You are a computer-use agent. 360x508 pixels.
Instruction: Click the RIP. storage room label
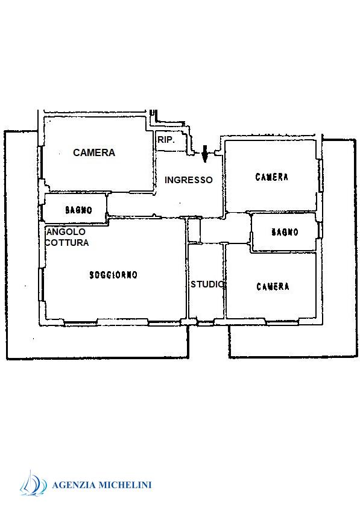(x=166, y=140)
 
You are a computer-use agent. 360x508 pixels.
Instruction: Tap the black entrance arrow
(x=204, y=154)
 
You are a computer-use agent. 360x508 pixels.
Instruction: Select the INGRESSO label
(x=188, y=180)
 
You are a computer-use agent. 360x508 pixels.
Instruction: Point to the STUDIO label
(x=207, y=284)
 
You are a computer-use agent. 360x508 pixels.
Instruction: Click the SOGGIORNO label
(x=113, y=275)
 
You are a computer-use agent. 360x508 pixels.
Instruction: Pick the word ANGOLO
(x=66, y=231)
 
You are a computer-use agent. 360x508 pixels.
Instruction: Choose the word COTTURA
(x=67, y=242)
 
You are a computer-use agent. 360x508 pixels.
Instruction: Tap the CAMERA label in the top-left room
(x=94, y=152)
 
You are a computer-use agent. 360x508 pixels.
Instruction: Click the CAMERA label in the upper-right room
(x=272, y=177)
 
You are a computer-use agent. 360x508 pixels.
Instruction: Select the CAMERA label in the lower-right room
(x=273, y=286)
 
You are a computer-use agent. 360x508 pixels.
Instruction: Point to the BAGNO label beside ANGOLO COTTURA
(x=79, y=210)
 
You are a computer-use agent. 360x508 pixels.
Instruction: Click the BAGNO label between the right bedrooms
(x=285, y=232)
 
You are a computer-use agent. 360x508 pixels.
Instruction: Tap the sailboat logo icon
(x=33, y=483)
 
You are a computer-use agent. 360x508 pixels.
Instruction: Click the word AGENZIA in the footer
(x=74, y=485)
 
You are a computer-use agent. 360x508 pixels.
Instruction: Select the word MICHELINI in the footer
(x=125, y=485)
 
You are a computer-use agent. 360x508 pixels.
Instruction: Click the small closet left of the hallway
(x=194, y=230)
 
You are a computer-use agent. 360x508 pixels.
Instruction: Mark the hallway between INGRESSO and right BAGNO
(x=225, y=228)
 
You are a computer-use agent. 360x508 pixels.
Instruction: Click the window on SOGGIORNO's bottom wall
(x=122, y=322)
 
